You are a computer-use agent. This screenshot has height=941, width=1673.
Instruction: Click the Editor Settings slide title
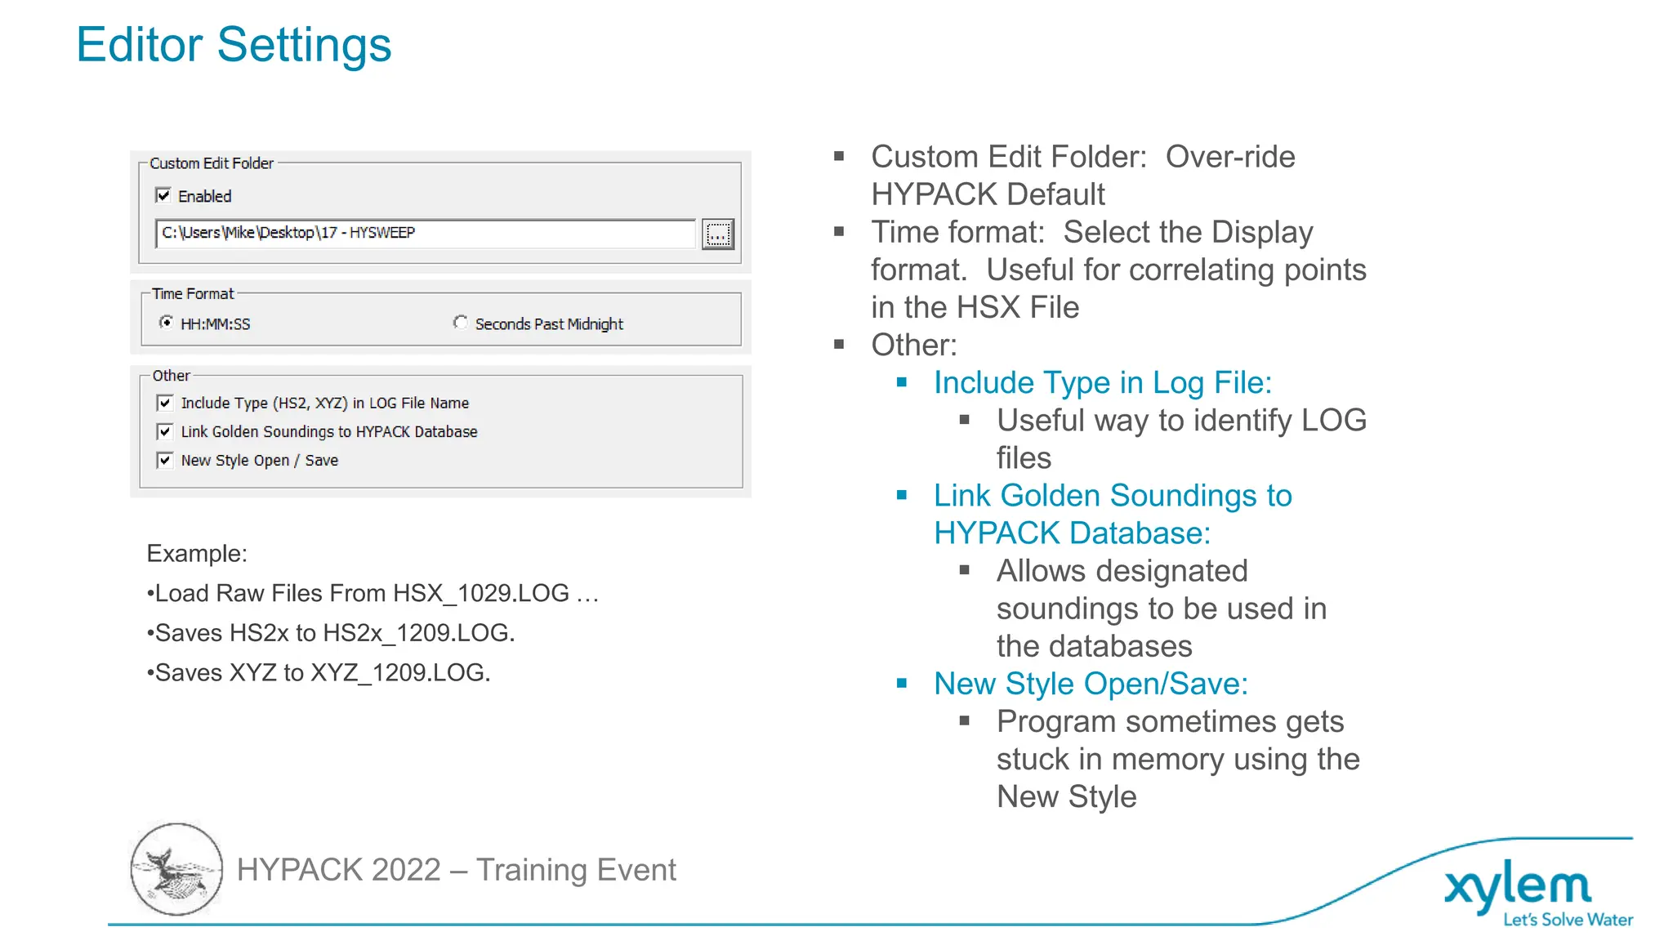tap(234, 45)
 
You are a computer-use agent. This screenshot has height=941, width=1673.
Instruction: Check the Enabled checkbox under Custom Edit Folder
tap(163, 195)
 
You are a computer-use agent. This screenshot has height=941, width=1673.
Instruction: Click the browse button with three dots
tap(717, 234)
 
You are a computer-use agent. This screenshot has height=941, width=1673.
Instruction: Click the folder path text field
tap(425, 234)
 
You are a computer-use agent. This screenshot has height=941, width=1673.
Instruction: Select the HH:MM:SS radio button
tap(167, 323)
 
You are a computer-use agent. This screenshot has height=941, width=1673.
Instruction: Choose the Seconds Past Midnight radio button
tap(461, 323)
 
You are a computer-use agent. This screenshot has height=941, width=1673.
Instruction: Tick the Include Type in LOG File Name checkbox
tap(165, 403)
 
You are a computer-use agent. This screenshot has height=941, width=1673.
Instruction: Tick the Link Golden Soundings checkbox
tap(165, 431)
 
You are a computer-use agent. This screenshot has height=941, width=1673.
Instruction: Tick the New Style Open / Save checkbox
tap(165, 460)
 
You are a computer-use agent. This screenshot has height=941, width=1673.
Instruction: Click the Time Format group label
tap(193, 293)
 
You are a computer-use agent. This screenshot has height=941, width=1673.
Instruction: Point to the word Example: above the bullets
tap(197, 554)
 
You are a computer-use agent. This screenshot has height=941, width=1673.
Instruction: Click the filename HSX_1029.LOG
tap(481, 593)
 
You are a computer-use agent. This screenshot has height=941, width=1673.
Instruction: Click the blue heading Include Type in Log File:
tap(1103, 383)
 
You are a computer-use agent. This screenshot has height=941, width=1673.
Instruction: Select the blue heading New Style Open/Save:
tap(1091, 685)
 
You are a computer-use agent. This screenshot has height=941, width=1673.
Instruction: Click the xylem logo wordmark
tap(1518, 886)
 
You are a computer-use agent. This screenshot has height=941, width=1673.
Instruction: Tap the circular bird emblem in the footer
tap(176, 869)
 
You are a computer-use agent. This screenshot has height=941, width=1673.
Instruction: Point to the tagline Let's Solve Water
tap(1568, 920)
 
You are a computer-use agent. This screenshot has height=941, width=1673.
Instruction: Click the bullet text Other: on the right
tap(914, 346)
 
